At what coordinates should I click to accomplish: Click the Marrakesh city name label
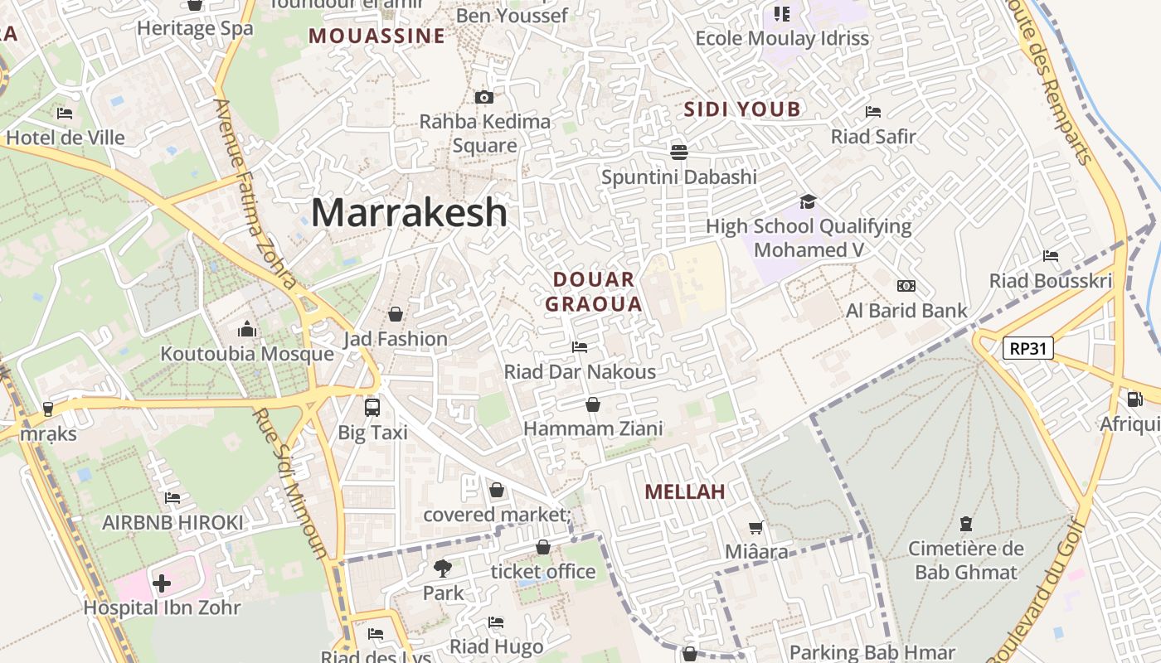(x=409, y=212)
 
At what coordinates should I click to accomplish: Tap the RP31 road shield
(x=1028, y=348)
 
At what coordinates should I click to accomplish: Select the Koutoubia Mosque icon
(x=247, y=330)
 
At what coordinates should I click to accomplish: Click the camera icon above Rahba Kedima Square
(x=484, y=97)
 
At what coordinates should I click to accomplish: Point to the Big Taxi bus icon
(x=372, y=407)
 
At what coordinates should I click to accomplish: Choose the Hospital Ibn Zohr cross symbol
(x=162, y=583)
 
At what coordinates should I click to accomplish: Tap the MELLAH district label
(x=685, y=491)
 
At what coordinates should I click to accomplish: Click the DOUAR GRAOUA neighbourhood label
(x=594, y=292)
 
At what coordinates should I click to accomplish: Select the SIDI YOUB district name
(x=742, y=109)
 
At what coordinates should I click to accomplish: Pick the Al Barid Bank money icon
(x=906, y=286)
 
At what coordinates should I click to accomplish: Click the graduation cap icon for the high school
(x=808, y=201)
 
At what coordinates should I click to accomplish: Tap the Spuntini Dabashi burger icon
(x=679, y=152)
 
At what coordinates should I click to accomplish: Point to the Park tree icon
(x=443, y=569)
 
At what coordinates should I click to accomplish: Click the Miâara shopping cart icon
(x=756, y=527)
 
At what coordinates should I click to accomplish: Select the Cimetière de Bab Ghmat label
(x=965, y=560)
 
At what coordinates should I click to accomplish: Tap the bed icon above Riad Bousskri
(x=1051, y=256)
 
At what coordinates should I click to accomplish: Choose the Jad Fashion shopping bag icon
(x=396, y=314)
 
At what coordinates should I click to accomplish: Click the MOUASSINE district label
(x=376, y=36)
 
